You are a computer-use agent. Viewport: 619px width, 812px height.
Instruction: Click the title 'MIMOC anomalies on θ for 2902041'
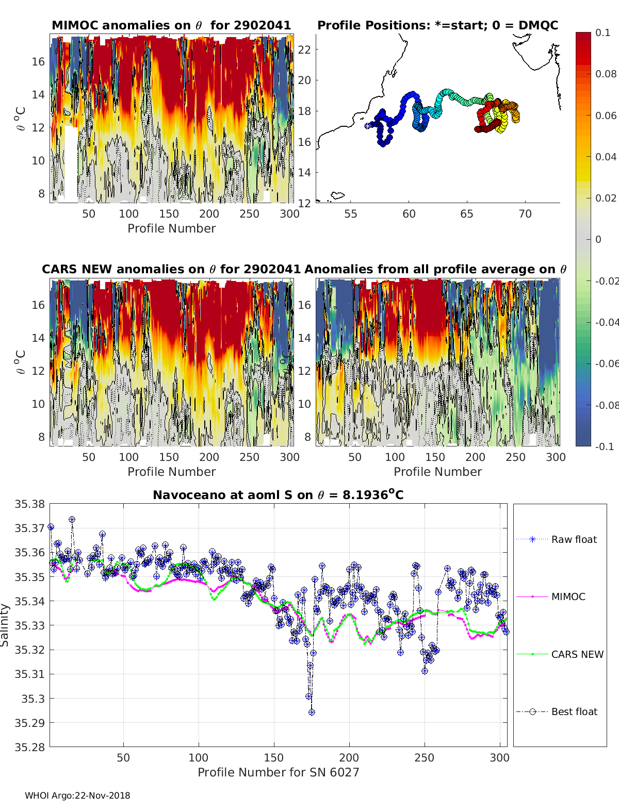(171, 25)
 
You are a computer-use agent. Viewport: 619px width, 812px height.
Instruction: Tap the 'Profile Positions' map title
(437, 25)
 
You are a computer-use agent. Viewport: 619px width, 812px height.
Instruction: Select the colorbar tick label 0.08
(606, 74)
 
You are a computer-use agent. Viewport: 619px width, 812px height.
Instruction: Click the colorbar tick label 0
(598, 239)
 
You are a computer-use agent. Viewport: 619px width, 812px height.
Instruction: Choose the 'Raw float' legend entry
(574, 539)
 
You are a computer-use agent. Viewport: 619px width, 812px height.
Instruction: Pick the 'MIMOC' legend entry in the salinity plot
(568, 596)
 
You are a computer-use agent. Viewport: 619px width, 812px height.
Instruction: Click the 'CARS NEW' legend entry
(577, 654)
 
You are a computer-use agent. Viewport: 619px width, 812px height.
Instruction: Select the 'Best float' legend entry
(574, 711)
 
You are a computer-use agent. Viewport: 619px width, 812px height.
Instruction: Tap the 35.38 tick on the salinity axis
(29, 504)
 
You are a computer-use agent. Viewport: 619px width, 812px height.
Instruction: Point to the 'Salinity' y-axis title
(5, 625)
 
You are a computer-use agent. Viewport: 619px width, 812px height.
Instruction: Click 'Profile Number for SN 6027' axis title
(278, 772)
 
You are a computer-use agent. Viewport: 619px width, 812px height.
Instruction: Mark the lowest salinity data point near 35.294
(312, 712)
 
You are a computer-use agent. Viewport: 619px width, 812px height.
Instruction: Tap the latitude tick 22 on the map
(304, 49)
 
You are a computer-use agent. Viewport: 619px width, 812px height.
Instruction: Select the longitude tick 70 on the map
(525, 213)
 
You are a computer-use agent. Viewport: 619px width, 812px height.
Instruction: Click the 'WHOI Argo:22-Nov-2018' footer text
(77, 796)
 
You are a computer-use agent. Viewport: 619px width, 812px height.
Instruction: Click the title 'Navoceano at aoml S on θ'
(278, 495)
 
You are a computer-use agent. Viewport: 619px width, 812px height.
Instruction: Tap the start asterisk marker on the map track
(367, 125)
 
